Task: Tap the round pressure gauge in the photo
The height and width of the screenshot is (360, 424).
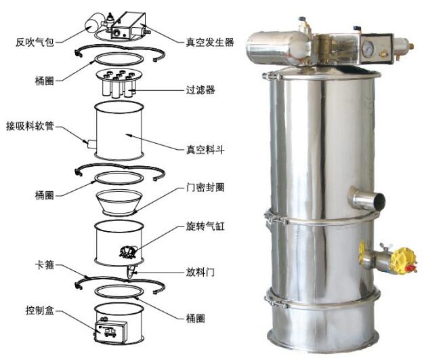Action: pyautogui.click(x=367, y=51)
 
